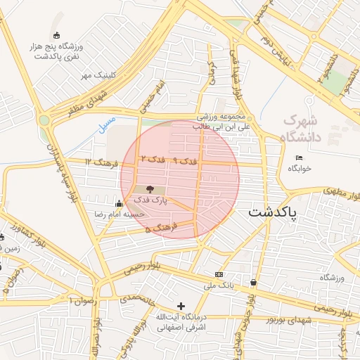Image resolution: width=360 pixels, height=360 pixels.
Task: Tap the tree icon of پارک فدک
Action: pyautogui.click(x=150, y=188)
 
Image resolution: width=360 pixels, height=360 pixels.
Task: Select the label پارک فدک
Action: pyautogui.click(x=150, y=200)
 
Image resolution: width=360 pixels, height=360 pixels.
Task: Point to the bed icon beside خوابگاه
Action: pyautogui.click(x=299, y=157)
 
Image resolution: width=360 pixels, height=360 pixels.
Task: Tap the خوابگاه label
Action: pyautogui.click(x=299, y=169)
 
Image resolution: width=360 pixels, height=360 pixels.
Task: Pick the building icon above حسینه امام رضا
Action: pyautogui.click(x=118, y=204)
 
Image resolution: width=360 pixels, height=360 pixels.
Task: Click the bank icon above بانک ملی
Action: pyautogui.click(x=219, y=274)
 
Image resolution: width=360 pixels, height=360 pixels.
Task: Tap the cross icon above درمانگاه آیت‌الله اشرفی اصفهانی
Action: pyautogui.click(x=181, y=306)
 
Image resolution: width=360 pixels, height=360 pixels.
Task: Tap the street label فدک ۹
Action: pyautogui.click(x=186, y=161)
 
